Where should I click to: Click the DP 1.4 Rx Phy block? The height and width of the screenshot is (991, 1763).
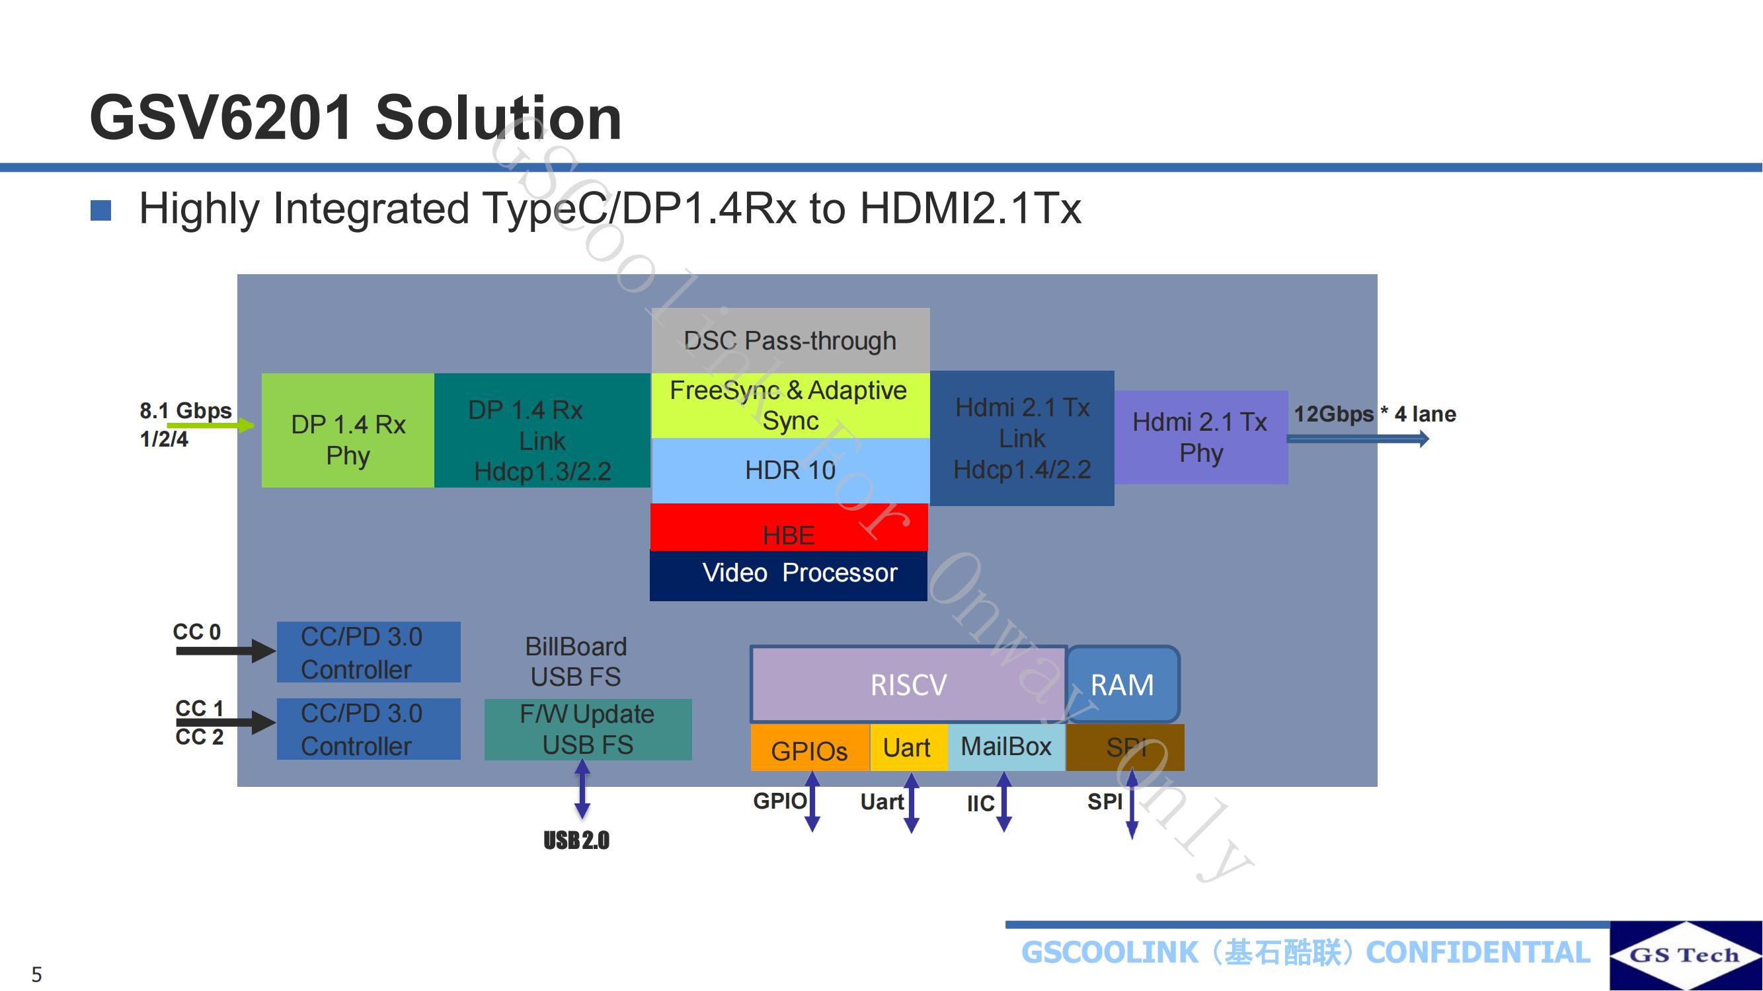[x=348, y=430]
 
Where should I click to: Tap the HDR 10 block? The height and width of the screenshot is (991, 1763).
[x=791, y=470]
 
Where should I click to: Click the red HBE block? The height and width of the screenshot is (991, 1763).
[x=789, y=527]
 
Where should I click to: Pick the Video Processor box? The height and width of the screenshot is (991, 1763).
[x=789, y=575]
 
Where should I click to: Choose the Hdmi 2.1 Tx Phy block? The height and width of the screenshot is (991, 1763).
[x=1201, y=438]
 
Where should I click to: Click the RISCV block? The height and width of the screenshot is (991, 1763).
[x=909, y=684]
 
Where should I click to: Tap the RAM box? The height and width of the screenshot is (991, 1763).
[x=1122, y=684]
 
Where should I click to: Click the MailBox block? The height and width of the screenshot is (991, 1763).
[x=1006, y=747]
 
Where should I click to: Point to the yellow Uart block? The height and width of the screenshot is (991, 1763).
[x=908, y=747]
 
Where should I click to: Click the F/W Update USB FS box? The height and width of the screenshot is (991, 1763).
[x=588, y=730]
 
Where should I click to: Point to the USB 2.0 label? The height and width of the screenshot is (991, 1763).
[x=576, y=840]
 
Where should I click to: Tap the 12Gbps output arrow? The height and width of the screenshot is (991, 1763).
[x=1358, y=439]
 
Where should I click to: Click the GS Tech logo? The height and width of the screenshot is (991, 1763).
[x=1686, y=955]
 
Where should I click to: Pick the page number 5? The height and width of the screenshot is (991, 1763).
[x=37, y=974]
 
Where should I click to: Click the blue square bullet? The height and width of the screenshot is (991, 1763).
[x=100, y=211]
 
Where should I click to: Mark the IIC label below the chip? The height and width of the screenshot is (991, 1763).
[x=980, y=803]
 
